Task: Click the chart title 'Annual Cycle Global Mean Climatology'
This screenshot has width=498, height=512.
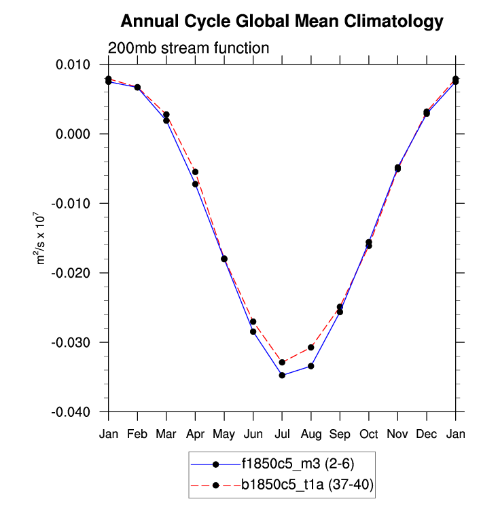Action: [x=282, y=22]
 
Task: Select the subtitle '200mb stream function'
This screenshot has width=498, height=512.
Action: [x=190, y=48]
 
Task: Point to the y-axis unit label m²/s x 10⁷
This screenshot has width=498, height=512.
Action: [x=41, y=238]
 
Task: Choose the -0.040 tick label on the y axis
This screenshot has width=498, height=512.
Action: [x=81, y=412]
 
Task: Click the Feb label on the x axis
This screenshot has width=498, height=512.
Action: [x=137, y=434]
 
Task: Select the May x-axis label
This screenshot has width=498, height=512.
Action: [x=224, y=434]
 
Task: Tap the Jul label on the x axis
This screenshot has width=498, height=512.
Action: [x=282, y=434]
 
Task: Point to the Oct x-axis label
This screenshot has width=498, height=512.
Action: [x=369, y=434]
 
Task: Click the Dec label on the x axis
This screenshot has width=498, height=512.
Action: [x=427, y=434]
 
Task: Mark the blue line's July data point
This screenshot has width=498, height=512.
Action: [x=282, y=375]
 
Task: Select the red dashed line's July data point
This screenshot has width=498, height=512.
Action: [x=282, y=362]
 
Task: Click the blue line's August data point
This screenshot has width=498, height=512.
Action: [x=311, y=366]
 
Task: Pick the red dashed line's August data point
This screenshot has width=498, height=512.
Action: [x=311, y=347]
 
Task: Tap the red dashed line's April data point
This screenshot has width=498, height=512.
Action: [x=196, y=172]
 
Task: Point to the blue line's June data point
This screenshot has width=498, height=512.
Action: [x=253, y=331]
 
